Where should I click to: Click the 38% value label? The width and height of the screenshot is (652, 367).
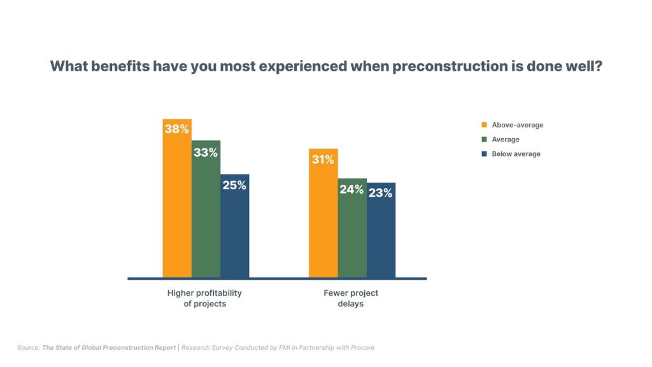(x=177, y=129)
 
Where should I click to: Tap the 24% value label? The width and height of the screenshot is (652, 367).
(x=351, y=189)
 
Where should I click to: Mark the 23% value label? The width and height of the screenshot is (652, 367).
(x=380, y=193)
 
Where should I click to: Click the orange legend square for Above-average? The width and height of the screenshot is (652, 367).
(x=484, y=125)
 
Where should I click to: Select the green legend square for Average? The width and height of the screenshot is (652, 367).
(x=484, y=140)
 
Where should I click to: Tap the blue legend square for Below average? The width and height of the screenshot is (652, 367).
(x=484, y=154)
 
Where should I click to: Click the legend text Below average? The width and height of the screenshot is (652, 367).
(x=516, y=154)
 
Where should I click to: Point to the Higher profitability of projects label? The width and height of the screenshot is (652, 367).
(x=204, y=298)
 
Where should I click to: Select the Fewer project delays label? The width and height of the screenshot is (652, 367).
(x=351, y=298)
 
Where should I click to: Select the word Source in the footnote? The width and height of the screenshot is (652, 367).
(x=28, y=347)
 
